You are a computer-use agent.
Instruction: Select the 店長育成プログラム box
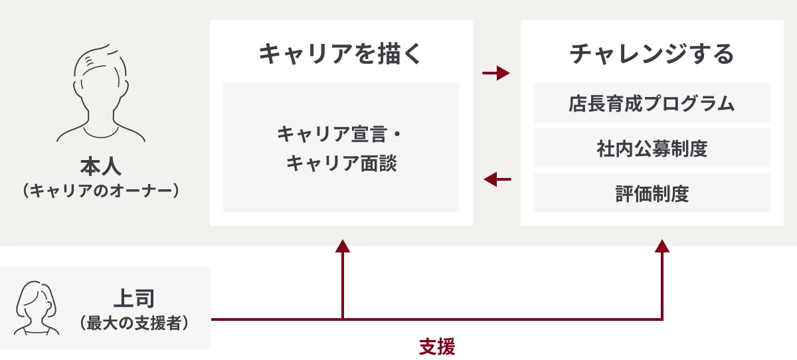click(x=652, y=103)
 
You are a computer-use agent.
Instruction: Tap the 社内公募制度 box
click(x=652, y=148)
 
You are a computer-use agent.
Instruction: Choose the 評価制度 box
click(x=652, y=193)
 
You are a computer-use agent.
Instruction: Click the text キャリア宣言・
click(x=340, y=134)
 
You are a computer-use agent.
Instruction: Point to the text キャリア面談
click(x=341, y=163)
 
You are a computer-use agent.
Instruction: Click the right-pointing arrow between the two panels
click(x=496, y=73)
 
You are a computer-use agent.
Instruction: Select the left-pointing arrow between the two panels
click(x=497, y=179)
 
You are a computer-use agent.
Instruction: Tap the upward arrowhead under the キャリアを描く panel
click(x=343, y=246)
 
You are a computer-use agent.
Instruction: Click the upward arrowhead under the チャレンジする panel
click(x=662, y=246)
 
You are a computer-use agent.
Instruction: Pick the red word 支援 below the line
click(x=437, y=347)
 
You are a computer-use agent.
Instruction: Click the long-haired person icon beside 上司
click(x=34, y=307)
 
